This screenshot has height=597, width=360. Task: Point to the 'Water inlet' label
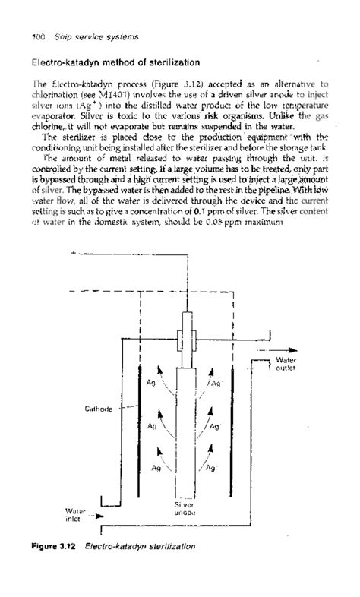(76, 516)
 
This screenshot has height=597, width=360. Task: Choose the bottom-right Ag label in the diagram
(215, 469)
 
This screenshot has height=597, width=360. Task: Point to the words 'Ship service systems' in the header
(85, 36)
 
